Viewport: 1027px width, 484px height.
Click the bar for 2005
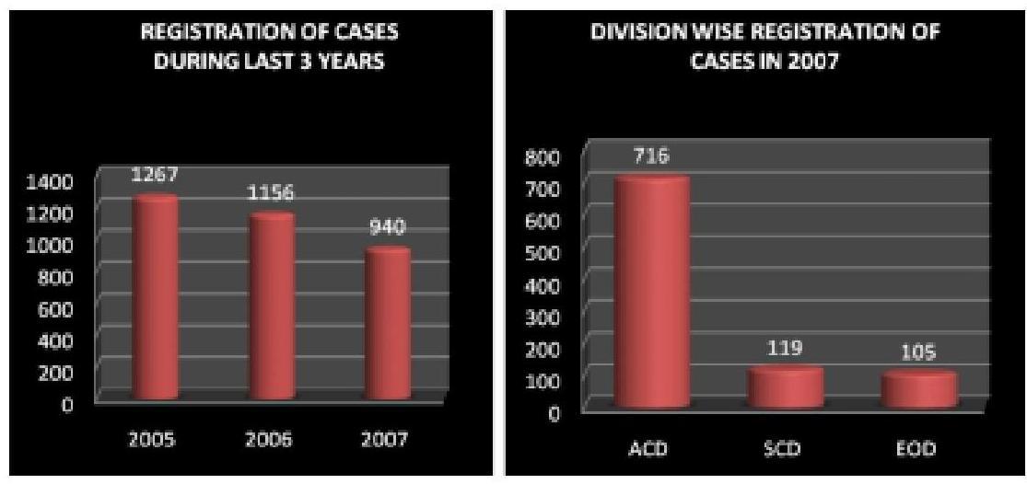pos(154,299)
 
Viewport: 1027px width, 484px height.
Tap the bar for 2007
pos(387,324)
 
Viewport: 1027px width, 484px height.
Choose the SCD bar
pos(785,387)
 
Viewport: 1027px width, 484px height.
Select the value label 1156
pos(272,194)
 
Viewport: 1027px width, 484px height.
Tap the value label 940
pos(389,227)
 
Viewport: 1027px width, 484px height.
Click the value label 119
pos(786,350)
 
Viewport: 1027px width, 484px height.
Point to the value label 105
pos(919,354)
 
